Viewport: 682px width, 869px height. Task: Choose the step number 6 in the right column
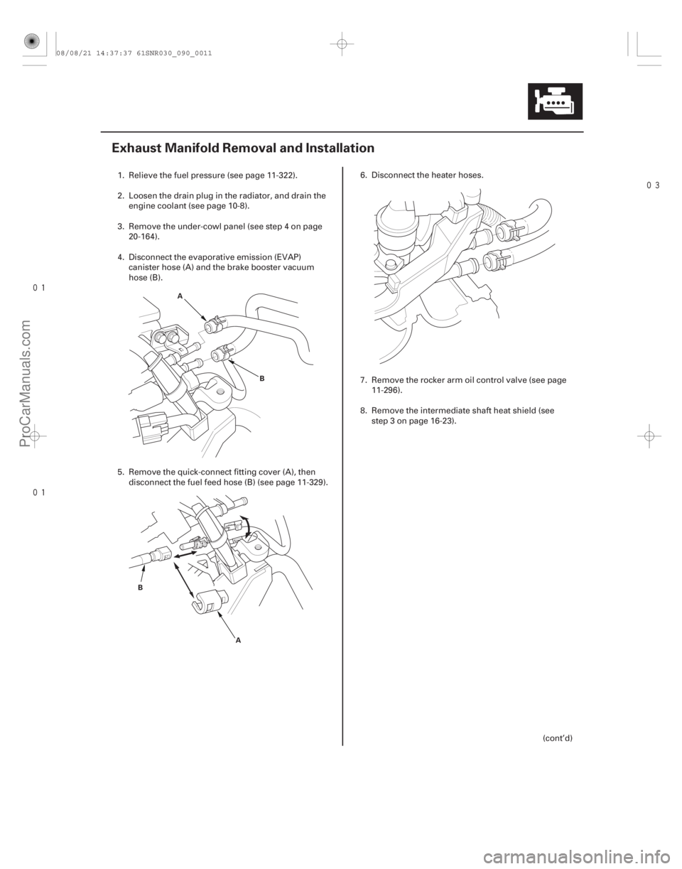pyautogui.click(x=362, y=175)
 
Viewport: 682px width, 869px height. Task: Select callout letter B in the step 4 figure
pyautogui.click(x=261, y=379)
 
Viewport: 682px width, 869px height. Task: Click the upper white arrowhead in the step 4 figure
pyautogui.click(x=203, y=317)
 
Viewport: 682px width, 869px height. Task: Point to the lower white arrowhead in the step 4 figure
pyautogui.click(x=232, y=362)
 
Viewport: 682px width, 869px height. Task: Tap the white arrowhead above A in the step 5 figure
pyautogui.click(x=221, y=613)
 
